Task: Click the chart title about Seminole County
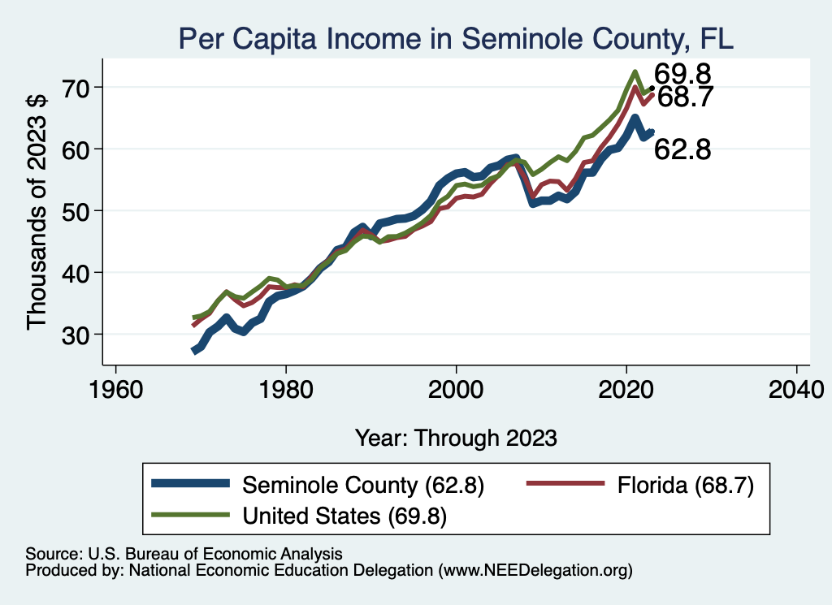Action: (x=456, y=38)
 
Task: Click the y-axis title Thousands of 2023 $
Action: (x=37, y=210)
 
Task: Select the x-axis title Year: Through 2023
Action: (x=456, y=438)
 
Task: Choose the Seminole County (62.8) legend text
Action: (x=363, y=486)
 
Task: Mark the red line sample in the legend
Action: (x=565, y=485)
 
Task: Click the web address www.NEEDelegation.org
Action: (x=535, y=571)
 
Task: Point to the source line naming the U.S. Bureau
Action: (x=184, y=553)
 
